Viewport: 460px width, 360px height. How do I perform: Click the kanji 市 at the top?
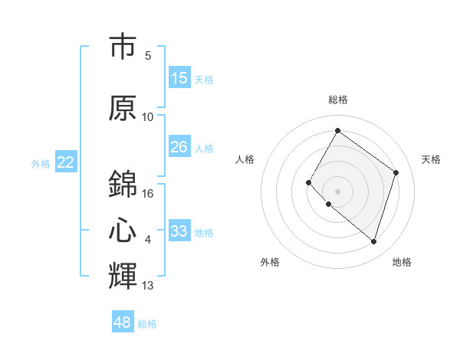click(123, 47)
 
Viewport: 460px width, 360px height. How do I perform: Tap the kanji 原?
click(123, 107)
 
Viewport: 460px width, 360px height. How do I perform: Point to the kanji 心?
click(123, 231)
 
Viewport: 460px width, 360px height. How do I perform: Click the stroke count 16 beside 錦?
click(148, 194)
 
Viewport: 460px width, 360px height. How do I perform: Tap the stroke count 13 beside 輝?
click(148, 286)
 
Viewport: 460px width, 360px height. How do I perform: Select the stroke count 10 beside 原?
click(148, 117)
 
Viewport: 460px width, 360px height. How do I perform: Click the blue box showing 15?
click(179, 78)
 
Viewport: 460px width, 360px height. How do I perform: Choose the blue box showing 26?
click(179, 147)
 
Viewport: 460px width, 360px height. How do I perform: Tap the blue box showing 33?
click(179, 231)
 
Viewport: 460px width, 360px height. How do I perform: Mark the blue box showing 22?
click(66, 162)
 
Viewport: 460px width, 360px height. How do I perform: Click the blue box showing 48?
click(123, 322)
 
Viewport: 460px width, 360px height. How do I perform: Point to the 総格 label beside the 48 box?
click(147, 324)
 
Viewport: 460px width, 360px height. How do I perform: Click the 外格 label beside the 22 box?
click(41, 164)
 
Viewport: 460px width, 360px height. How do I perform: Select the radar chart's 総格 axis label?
click(337, 100)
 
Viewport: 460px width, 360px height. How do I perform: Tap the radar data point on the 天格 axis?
click(396, 172)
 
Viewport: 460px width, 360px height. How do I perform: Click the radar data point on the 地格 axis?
click(373, 241)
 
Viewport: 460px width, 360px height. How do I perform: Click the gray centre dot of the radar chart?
click(337, 191)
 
